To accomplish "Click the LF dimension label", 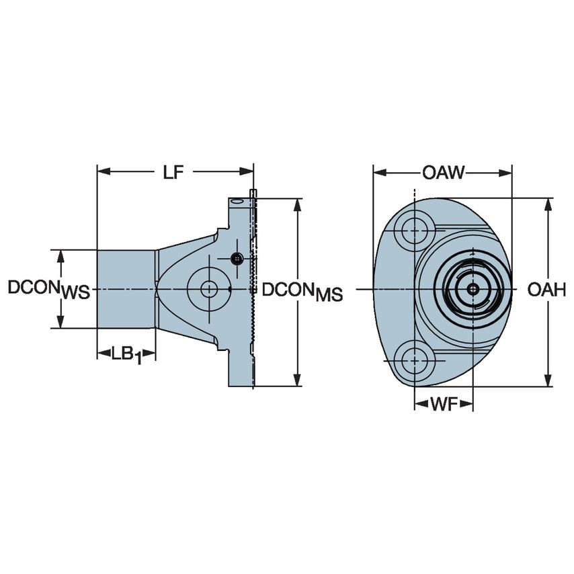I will point(173,172).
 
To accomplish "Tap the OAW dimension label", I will point(443,172).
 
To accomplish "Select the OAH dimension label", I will point(546,290).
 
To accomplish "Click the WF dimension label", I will point(444,404).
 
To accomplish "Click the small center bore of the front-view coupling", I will point(473,290).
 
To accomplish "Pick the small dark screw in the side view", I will point(237,259).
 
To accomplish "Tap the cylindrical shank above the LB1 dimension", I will point(126,289).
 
